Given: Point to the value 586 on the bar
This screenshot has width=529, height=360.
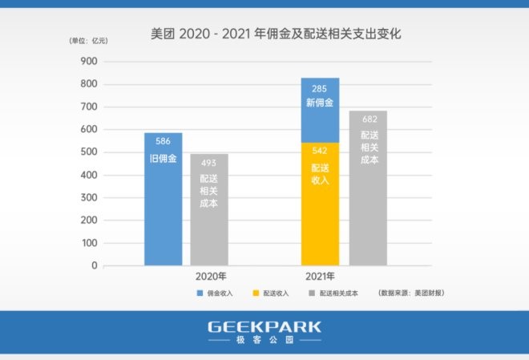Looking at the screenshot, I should point(163,142).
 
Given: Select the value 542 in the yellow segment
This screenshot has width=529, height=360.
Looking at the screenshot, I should point(320,152).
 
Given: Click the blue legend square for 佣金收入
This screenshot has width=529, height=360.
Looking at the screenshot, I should point(200,293).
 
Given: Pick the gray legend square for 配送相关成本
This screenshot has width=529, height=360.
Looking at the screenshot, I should point(312,293).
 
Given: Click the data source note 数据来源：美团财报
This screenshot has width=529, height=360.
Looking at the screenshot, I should point(411,293).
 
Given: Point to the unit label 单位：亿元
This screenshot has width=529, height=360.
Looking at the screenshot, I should point(87,40).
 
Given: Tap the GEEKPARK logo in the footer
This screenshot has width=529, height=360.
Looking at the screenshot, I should point(264,327).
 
